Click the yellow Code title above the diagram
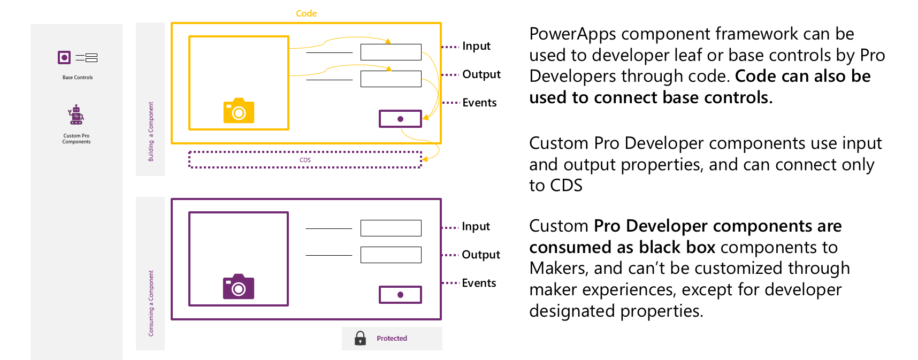[x=306, y=13]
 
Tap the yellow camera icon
[x=239, y=111]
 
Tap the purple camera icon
[x=239, y=287]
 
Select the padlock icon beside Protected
[x=360, y=338]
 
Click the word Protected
[x=392, y=339]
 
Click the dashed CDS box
[x=305, y=160]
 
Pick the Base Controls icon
[x=77, y=58]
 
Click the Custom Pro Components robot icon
[x=76, y=114]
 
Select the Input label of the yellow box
[x=476, y=46]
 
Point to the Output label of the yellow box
[x=481, y=74]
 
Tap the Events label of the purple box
[x=479, y=283]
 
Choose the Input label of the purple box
[x=476, y=226]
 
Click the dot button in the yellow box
[x=400, y=119]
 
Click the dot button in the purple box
[x=400, y=295]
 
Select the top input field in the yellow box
[x=391, y=52]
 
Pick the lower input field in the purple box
[x=391, y=255]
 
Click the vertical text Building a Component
[x=151, y=132]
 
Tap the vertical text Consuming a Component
[x=151, y=303]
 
